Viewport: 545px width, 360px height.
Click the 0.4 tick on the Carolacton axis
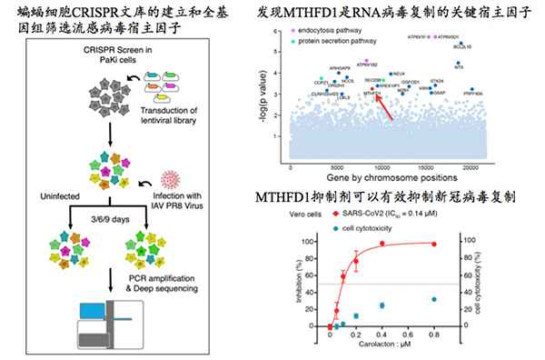coord(381,335)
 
